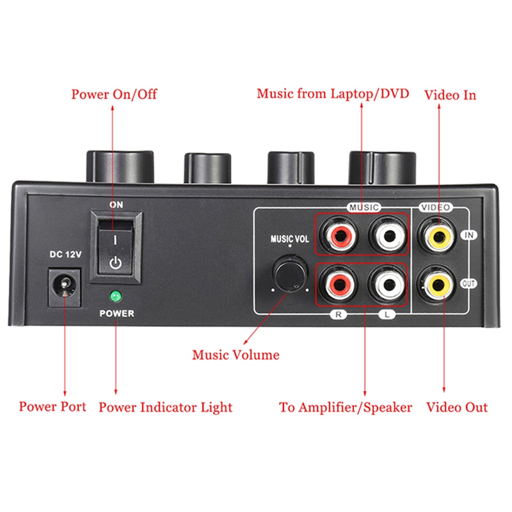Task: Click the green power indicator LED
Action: point(116,296)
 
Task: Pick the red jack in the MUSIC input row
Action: point(339,235)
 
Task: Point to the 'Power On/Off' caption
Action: point(114,95)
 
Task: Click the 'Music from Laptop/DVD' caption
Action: point(333,94)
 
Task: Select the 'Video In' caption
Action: point(451,95)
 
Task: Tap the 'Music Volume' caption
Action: point(236,355)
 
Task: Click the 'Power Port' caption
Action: point(52,406)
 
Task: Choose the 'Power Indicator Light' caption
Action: point(165,407)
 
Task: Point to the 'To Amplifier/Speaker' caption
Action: point(346,407)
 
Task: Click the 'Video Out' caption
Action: point(457,407)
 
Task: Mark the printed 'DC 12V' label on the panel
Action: point(66,255)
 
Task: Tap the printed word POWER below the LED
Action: point(116,314)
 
